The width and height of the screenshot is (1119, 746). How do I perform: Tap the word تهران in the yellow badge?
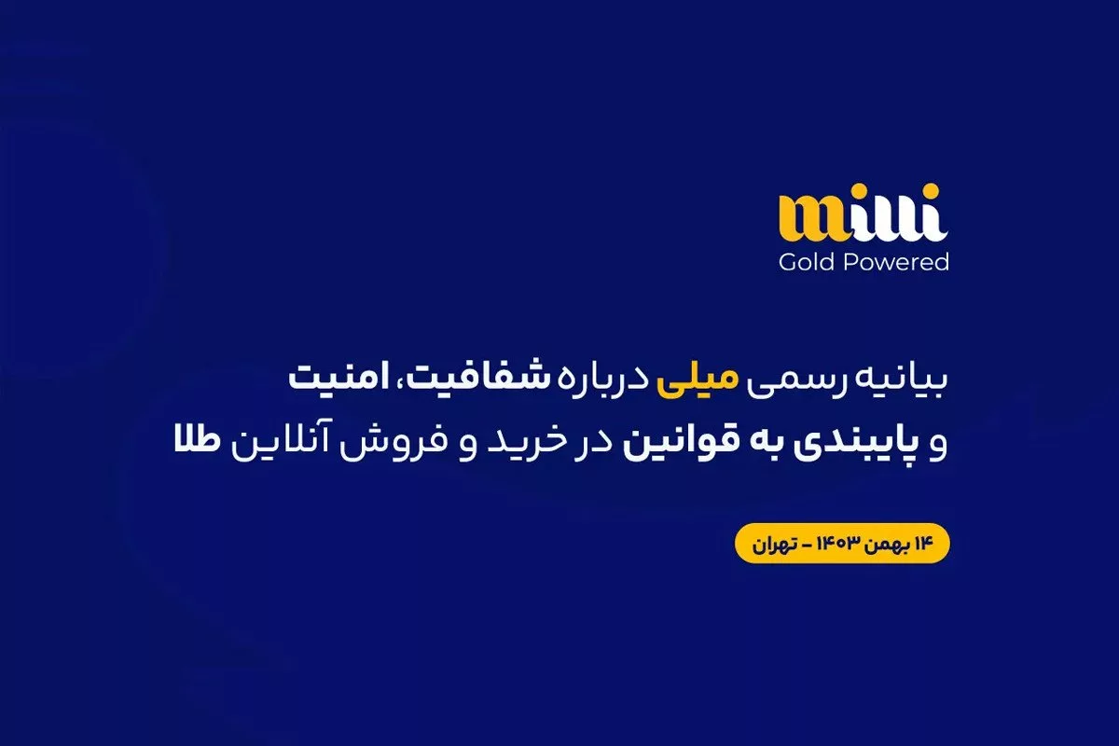[774, 545]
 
